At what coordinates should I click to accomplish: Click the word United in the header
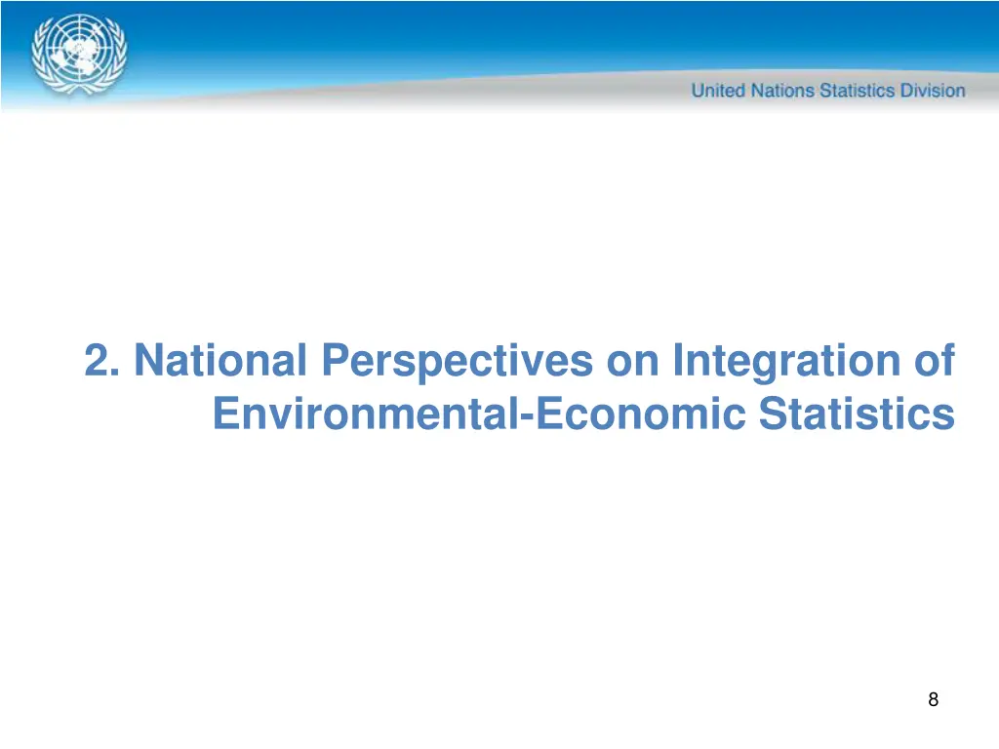click(x=718, y=91)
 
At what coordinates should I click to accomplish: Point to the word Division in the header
click(x=931, y=91)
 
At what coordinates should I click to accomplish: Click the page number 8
click(x=934, y=698)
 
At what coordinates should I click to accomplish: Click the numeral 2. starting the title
click(x=102, y=361)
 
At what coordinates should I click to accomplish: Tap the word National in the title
click(x=219, y=361)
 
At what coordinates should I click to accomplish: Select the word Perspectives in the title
click(x=457, y=363)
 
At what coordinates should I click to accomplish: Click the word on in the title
click(x=633, y=361)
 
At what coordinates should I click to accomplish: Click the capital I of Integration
click(x=678, y=361)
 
